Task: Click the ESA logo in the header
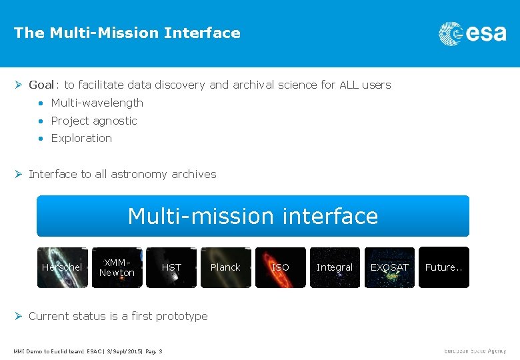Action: click(x=472, y=33)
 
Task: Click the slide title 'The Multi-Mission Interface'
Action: click(x=127, y=33)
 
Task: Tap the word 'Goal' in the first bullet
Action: click(x=41, y=85)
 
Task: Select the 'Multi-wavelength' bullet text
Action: click(x=97, y=103)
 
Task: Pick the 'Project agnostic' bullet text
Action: click(x=94, y=121)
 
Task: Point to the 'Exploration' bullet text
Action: click(x=81, y=138)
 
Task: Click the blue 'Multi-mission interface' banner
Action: click(x=253, y=216)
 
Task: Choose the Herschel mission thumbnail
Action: click(x=62, y=267)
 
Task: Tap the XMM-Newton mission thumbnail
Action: click(x=117, y=267)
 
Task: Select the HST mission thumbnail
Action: click(x=171, y=267)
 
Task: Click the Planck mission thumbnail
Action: click(x=225, y=267)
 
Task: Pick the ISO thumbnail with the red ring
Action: click(x=280, y=267)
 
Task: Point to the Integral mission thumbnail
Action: click(x=335, y=267)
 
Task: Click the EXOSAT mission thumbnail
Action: click(x=389, y=267)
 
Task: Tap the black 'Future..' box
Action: click(x=444, y=267)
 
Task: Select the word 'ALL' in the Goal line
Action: click(x=349, y=85)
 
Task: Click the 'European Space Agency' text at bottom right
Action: click(x=475, y=351)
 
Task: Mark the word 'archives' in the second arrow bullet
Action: click(x=194, y=174)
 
